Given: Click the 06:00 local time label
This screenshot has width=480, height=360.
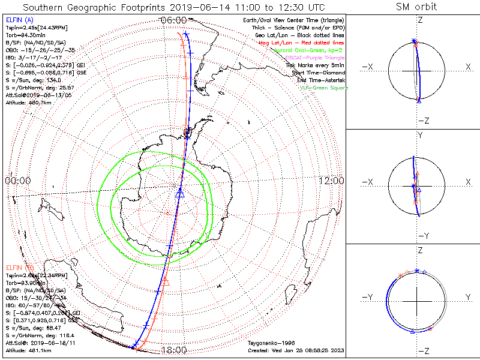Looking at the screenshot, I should click(175, 20).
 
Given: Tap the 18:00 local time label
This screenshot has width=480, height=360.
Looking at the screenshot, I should click(175, 350).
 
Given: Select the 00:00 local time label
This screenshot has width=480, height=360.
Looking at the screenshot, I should click(17, 180).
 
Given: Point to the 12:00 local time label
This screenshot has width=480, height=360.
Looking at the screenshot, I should click(332, 180).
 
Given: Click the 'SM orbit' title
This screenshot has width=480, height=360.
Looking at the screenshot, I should click(416, 7).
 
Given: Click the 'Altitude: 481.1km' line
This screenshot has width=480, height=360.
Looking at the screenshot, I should click(28, 349).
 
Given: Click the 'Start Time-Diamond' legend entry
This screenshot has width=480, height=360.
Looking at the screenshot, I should click(317, 72).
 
